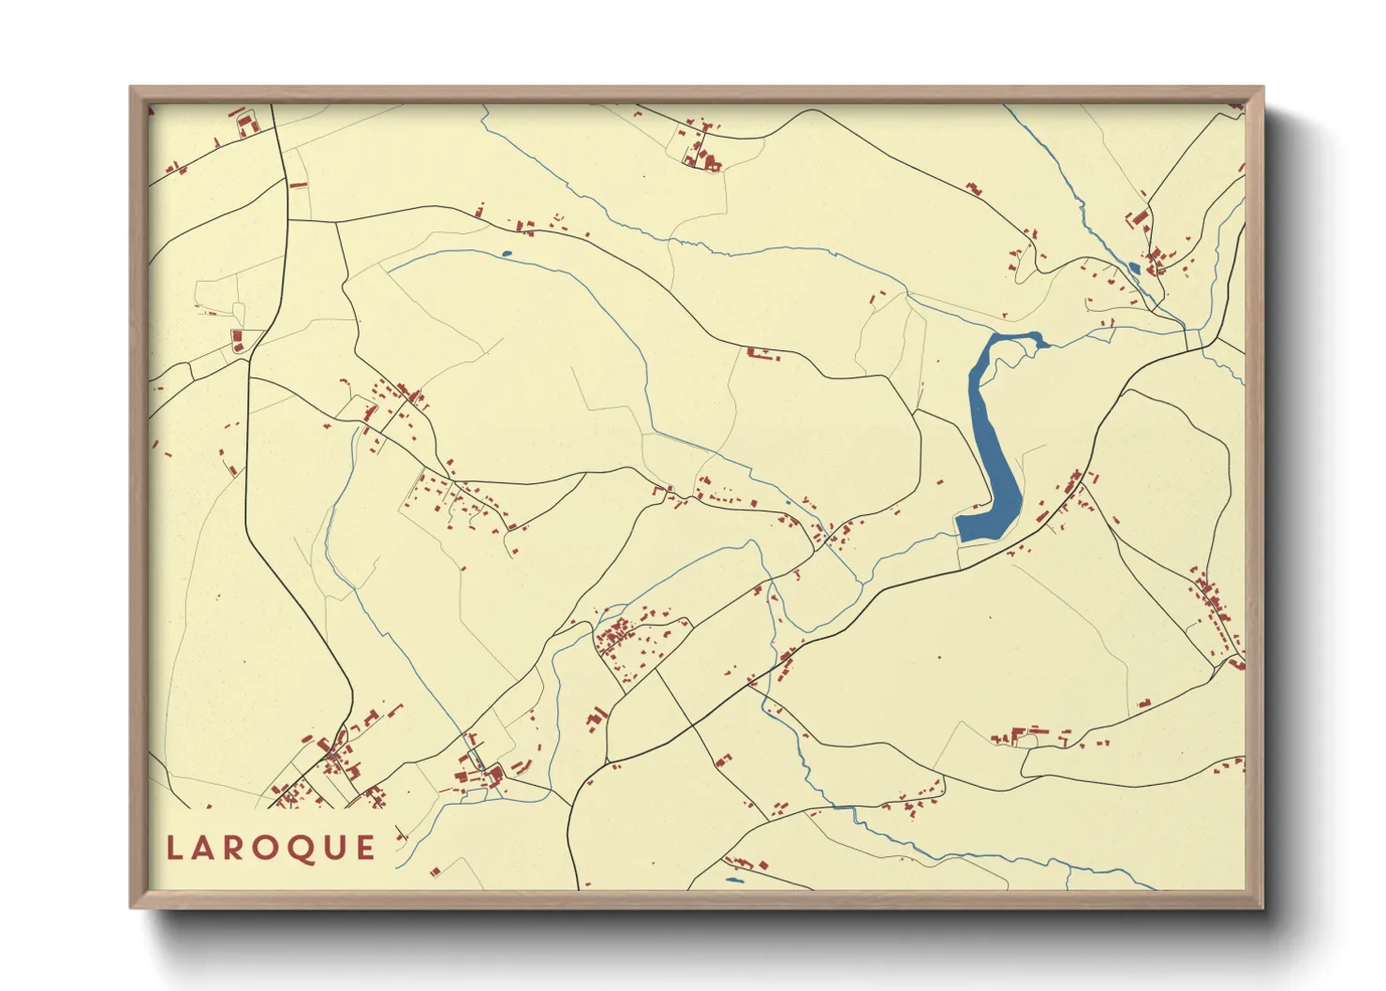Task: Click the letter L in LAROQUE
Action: click(x=173, y=849)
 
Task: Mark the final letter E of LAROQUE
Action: click(x=366, y=849)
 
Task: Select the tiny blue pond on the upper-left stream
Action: click(x=507, y=253)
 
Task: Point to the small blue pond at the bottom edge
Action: click(x=734, y=880)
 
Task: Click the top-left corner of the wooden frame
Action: click(x=132, y=89)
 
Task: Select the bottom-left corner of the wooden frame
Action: click(x=132, y=906)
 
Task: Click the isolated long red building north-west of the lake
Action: click(x=761, y=354)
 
